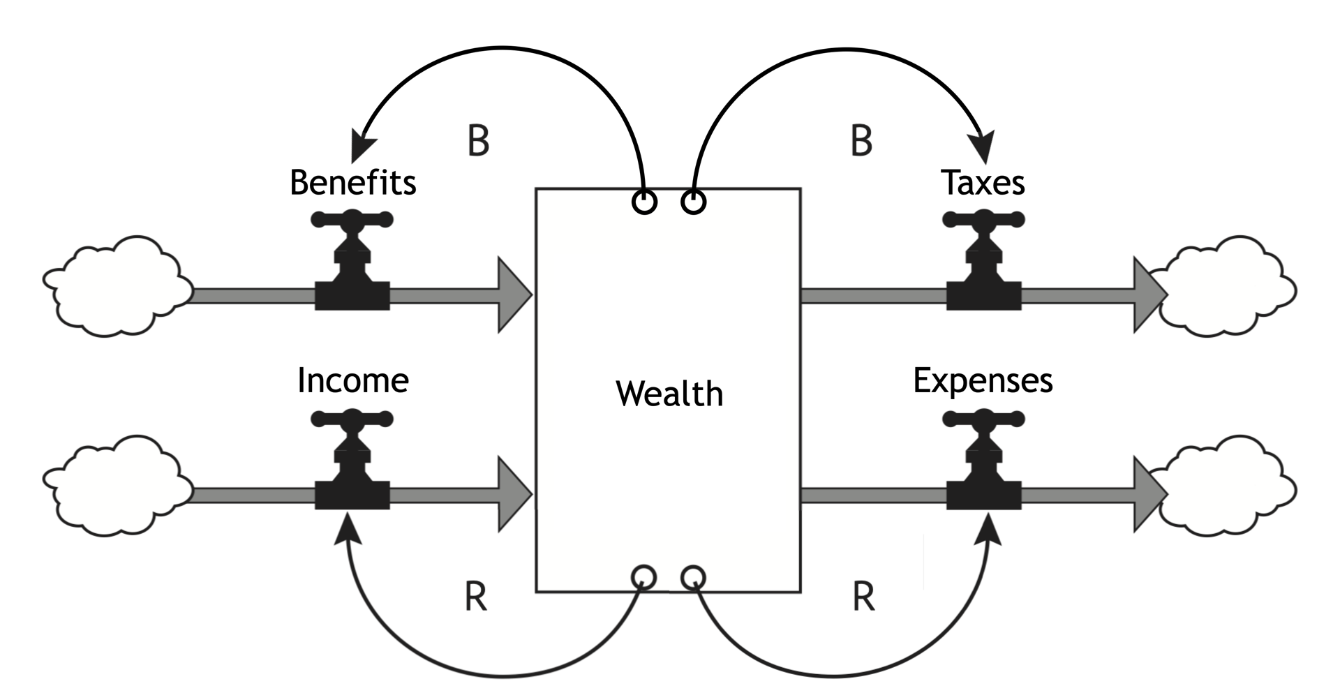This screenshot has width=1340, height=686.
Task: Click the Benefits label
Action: click(x=352, y=183)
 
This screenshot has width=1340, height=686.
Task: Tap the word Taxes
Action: click(x=983, y=183)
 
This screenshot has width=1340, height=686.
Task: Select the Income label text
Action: click(x=352, y=381)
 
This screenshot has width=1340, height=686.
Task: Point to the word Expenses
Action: click(x=983, y=381)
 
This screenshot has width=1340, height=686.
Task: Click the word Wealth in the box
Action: click(x=669, y=394)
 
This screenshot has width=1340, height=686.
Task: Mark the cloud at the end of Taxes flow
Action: click(x=1228, y=286)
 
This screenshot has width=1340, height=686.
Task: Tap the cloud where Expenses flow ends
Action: click(x=1228, y=486)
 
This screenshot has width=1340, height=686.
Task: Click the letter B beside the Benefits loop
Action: click(x=478, y=140)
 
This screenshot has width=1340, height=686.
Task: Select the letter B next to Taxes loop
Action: click(x=861, y=140)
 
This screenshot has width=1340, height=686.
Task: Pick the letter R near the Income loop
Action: click(x=476, y=597)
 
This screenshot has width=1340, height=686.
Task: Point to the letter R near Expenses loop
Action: click(x=863, y=597)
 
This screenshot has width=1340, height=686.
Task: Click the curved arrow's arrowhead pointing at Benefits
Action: click(x=362, y=146)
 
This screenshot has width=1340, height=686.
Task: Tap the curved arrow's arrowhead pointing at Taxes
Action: click(x=983, y=147)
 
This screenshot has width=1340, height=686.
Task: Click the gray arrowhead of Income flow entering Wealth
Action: click(x=514, y=494)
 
